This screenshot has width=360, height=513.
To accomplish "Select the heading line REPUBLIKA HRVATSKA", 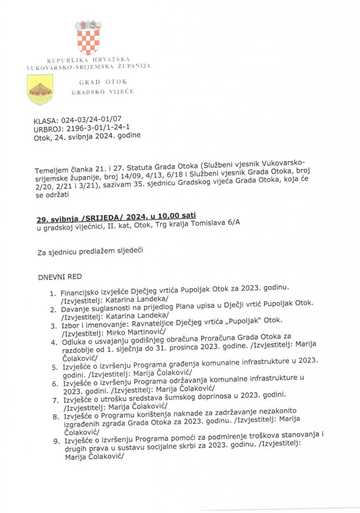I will (88, 60).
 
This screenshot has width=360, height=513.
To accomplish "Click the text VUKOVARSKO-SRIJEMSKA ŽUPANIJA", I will (88, 66).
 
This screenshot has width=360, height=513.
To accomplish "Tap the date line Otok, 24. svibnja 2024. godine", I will (87, 135).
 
